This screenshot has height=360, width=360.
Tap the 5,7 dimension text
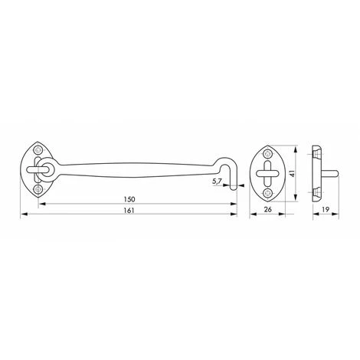point(217,182)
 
